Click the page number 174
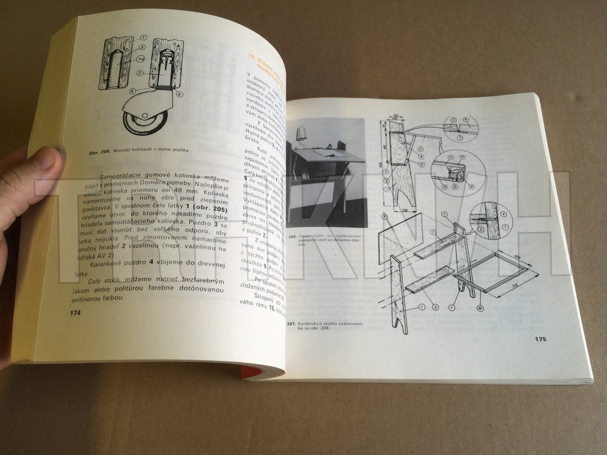click(75, 313)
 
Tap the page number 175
click(540, 339)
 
